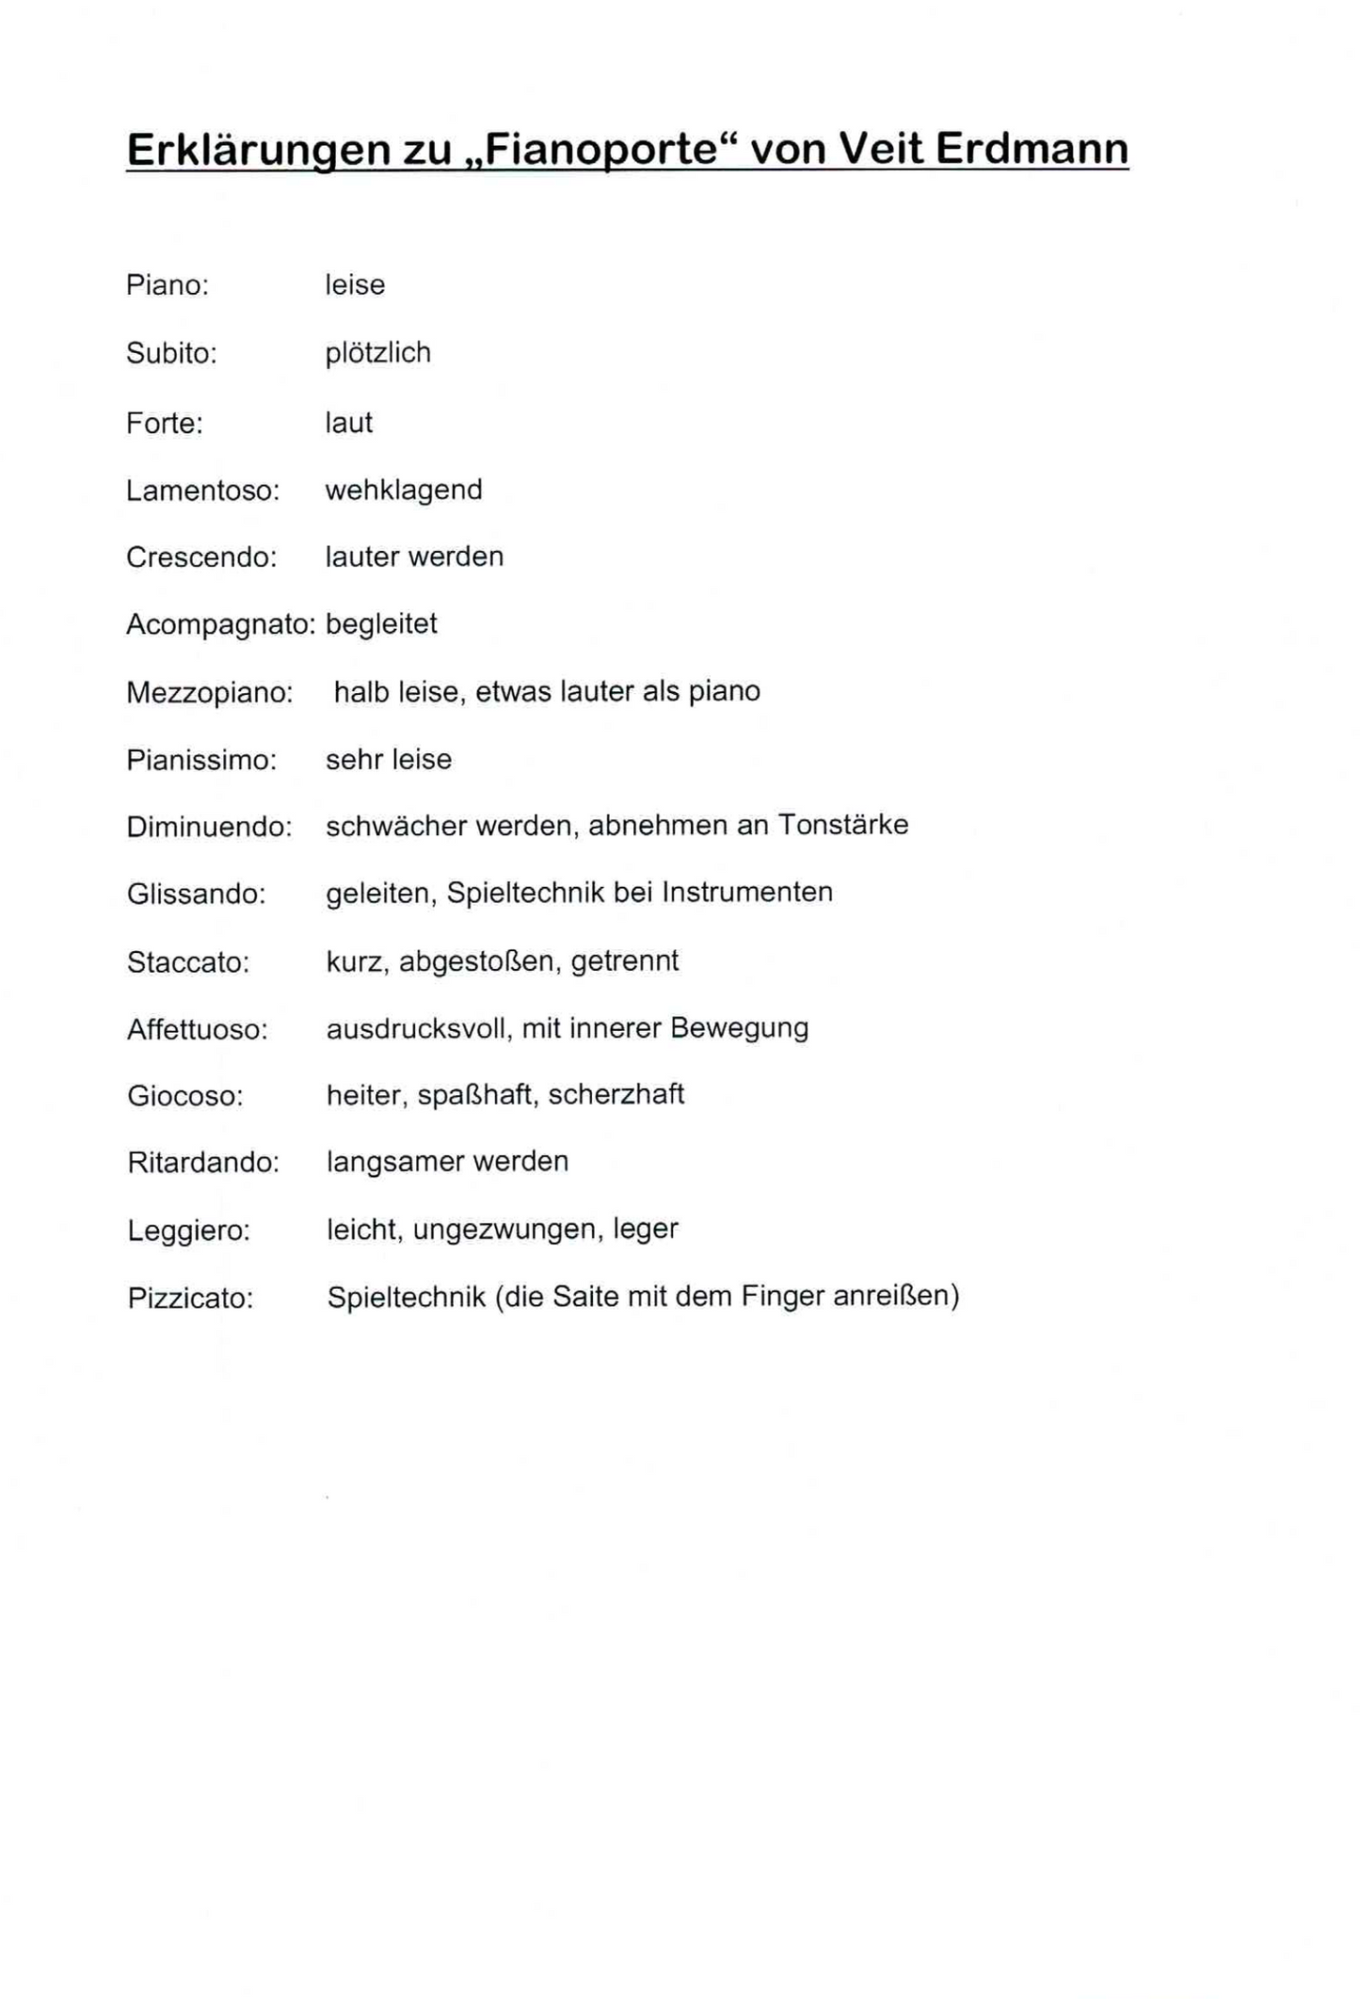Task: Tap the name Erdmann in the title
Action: tap(1032, 149)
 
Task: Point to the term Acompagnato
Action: tap(220, 624)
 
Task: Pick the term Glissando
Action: tap(197, 894)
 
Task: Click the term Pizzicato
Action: tap(190, 1298)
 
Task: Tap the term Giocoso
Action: tap(185, 1096)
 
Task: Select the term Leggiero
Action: tap(189, 1231)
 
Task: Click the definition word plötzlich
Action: tap(378, 353)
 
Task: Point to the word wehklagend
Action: tap(404, 491)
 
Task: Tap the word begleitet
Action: tap(381, 624)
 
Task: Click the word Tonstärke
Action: tap(843, 825)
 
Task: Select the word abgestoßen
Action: tap(477, 961)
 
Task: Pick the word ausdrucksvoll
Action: tap(417, 1028)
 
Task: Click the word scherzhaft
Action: tap(616, 1095)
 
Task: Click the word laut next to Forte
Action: tap(349, 423)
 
